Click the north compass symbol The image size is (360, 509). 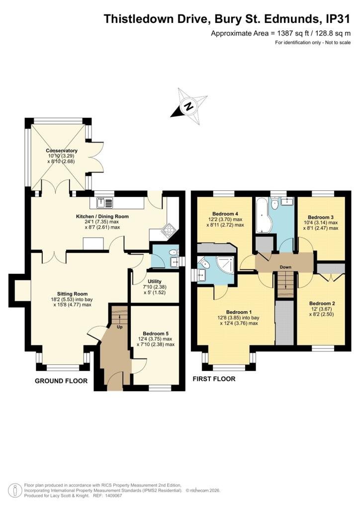point(189,106)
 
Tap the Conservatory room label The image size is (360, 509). point(62,151)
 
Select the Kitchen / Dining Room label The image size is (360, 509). point(102,217)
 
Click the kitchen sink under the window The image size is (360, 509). point(104,203)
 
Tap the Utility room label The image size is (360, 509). point(155,281)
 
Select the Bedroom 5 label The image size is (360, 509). point(156,334)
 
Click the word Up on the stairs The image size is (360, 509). point(120,327)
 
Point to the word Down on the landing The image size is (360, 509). point(285,267)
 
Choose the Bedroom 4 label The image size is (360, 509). point(225,214)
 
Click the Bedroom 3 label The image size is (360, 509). point(321,217)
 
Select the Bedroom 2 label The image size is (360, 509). point(322,304)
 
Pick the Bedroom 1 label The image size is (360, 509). point(239,312)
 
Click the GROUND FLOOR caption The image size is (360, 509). point(61,381)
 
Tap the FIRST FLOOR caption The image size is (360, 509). point(214,379)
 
